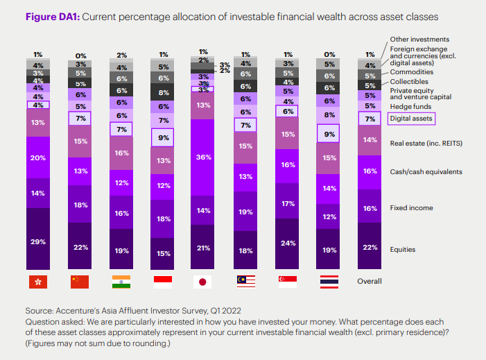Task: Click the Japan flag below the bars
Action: [203, 282]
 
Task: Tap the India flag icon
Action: [121, 282]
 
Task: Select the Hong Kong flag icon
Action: [38, 282]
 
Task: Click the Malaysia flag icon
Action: [245, 282]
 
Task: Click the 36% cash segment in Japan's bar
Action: [203, 157]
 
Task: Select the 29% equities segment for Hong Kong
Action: [38, 241]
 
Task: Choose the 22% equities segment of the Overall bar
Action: [370, 248]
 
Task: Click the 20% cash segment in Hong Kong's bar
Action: [38, 157]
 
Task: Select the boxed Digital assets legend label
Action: [411, 119]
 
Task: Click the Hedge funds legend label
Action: [410, 106]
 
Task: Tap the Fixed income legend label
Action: [412, 207]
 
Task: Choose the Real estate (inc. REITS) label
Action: [426, 143]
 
